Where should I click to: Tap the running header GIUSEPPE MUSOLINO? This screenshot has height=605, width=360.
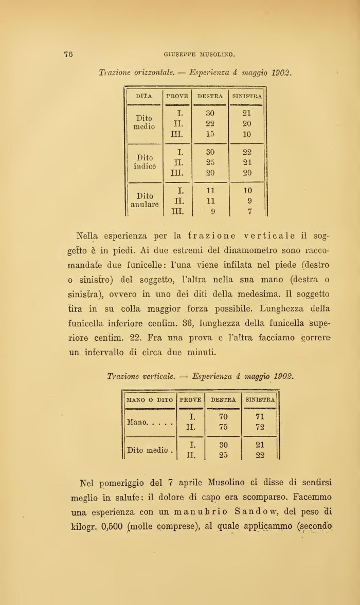200,53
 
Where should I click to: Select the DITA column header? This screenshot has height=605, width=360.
144,96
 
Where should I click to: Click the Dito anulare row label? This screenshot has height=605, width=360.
144,200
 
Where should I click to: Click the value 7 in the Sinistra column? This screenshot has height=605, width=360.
247,211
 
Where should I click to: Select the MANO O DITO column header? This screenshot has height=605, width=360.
150,399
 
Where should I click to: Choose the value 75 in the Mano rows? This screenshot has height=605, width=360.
223,427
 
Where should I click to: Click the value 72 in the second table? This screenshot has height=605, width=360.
261,427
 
